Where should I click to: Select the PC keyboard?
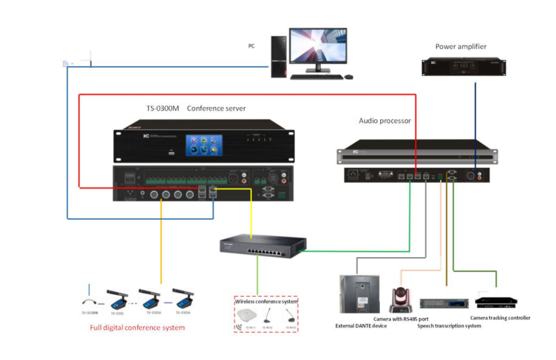[315, 77]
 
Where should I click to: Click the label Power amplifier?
[460, 47]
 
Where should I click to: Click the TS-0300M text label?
[162, 109]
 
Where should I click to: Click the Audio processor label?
[385, 120]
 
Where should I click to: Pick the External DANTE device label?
[361, 326]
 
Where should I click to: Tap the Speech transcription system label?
[449, 326]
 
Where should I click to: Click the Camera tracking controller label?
[500, 318]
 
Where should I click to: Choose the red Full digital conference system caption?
[137, 328]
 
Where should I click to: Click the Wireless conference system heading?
[266, 301]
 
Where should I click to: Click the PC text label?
[251, 46]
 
